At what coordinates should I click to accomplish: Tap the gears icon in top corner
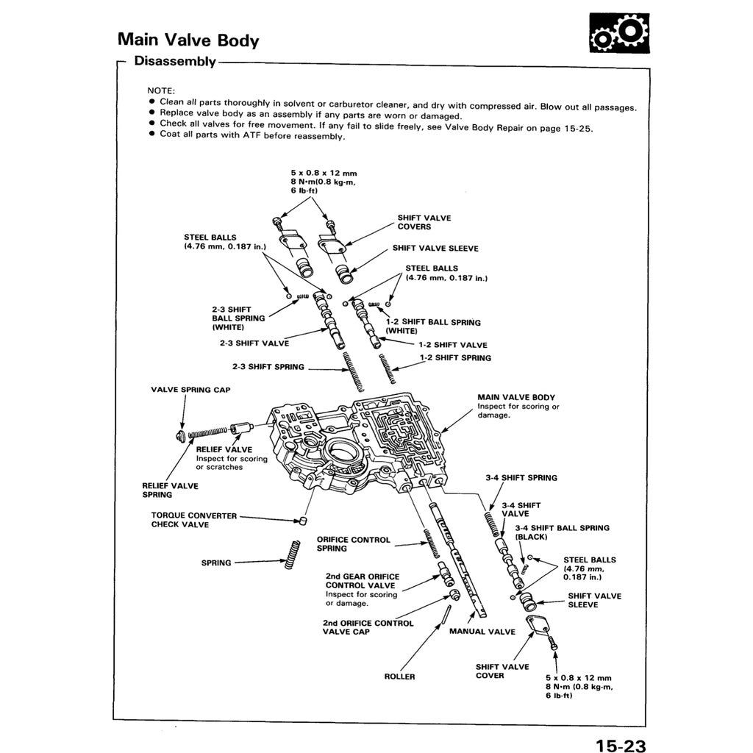pyautogui.click(x=620, y=33)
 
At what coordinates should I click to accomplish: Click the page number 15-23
pyautogui.click(x=621, y=746)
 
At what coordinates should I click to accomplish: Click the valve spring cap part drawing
pyautogui.click(x=181, y=437)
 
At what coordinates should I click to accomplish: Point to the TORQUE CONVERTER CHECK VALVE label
pyautogui.click(x=194, y=520)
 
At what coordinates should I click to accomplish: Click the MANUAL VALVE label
pyautogui.click(x=477, y=632)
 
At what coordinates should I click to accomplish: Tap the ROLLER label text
pyautogui.click(x=399, y=677)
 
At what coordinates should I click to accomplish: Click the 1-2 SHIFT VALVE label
pyautogui.click(x=452, y=345)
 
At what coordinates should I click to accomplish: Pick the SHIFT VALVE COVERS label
pyautogui.click(x=424, y=222)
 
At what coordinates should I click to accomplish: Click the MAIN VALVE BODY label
pyautogui.click(x=516, y=397)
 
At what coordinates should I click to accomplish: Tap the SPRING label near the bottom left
pyautogui.click(x=216, y=563)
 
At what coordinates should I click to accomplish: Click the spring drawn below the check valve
pyautogui.click(x=292, y=554)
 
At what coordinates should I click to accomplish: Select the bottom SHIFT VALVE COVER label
pyautogui.click(x=502, y=671)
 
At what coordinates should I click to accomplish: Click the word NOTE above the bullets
pyautogui.click(x=161, y=90)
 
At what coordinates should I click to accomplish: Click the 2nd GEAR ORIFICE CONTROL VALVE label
pyautogui.click(x=362, y=581)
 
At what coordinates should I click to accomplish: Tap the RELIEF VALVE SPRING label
pyautogui.click(x=170, y=490)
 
